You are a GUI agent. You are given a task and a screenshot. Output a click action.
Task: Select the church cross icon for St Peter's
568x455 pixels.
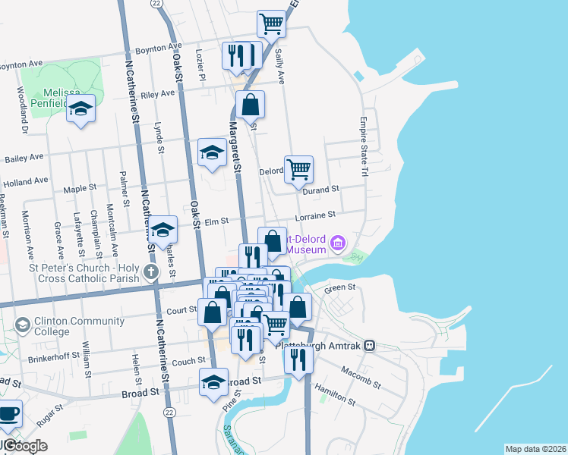151,271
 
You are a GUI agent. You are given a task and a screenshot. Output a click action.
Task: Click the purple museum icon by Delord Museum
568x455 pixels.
339,243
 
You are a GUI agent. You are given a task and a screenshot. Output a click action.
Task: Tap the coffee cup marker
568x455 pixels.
9,414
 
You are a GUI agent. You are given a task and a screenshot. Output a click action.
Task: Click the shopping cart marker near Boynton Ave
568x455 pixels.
271,24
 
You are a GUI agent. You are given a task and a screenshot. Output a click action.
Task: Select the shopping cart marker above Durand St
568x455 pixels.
298,171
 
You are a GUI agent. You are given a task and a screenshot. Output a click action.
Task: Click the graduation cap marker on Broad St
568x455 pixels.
213,382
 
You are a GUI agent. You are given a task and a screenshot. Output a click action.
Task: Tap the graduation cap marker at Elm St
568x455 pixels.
163,228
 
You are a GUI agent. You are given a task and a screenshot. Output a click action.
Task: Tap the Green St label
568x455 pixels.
340,287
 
